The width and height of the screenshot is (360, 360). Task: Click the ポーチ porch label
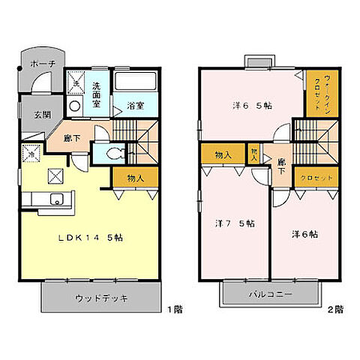coord(42,65)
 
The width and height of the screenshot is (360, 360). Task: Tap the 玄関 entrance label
coord(31,115)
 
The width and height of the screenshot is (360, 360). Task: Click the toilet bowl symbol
coord(114,154)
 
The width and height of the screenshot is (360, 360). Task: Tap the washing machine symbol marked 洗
coord(76,81)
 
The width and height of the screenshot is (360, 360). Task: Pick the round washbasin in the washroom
coord(73,107)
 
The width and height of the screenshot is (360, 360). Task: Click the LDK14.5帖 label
coord(91,238)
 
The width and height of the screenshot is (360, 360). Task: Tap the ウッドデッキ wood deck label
coord(101,298)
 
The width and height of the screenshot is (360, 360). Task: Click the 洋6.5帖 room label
coord(251,106)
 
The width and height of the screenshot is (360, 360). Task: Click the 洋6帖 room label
coord(304,234)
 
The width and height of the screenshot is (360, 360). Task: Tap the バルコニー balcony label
coord(271,295)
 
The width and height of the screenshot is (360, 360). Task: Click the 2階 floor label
coord(335,309)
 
